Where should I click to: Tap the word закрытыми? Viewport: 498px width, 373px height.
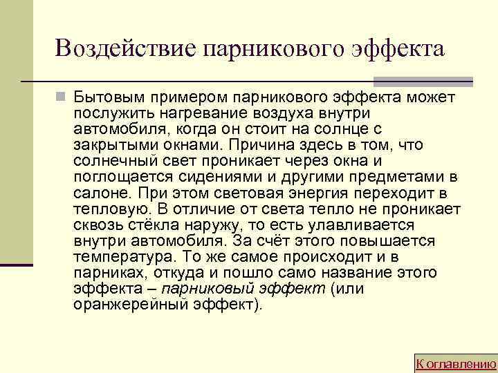pos(109,145)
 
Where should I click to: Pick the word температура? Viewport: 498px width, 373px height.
pos(117,256)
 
